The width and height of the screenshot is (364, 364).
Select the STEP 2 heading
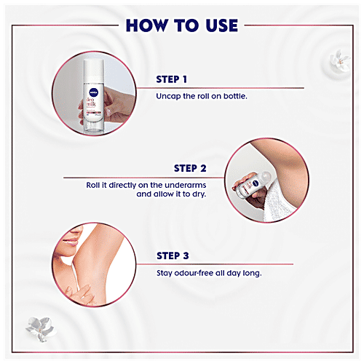click(x=189, y=168)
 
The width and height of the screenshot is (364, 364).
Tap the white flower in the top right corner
click(x=337, y=58)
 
